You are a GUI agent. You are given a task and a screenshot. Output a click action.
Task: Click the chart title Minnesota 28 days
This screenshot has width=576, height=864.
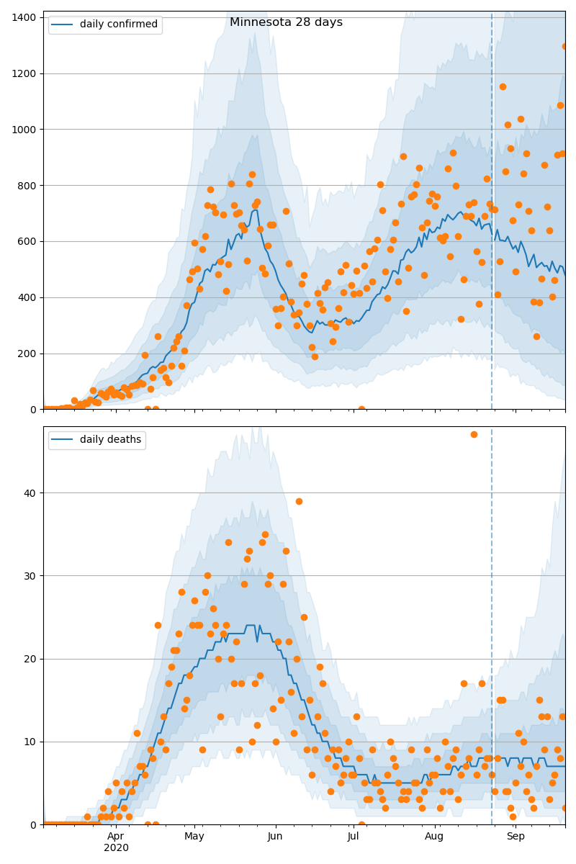click(286, 22)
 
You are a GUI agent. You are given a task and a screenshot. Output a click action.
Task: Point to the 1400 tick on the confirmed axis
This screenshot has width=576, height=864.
click(26, 17)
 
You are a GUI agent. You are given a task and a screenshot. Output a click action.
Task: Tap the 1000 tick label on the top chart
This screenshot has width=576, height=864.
click(26, 130)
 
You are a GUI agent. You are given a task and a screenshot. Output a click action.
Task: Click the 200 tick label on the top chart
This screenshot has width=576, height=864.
click(29, 354)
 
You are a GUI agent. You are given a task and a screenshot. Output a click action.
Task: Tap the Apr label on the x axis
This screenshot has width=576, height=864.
click(116, 837)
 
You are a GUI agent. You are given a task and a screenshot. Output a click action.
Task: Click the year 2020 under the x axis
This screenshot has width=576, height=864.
click(116, 848)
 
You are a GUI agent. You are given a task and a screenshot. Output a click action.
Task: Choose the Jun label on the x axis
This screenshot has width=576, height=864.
click(275, 837)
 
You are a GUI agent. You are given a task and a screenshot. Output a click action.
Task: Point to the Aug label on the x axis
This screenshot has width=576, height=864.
click(434, 837)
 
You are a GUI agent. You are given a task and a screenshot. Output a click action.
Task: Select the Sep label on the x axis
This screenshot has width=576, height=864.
click(516, 837)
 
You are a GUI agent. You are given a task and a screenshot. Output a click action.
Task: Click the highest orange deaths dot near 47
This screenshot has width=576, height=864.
click(474, 434)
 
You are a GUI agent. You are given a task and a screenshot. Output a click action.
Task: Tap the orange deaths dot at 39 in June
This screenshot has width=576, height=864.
click(299, 501)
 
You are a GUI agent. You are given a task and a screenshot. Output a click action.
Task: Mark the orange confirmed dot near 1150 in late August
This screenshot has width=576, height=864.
click(503, 86)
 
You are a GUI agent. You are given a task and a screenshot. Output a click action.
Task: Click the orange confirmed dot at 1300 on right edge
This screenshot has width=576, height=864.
click(565, 46)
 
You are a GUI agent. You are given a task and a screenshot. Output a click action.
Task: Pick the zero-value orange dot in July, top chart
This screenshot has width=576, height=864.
click(361, 409)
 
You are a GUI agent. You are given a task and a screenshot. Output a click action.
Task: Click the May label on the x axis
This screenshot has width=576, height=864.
click(194, 837)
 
